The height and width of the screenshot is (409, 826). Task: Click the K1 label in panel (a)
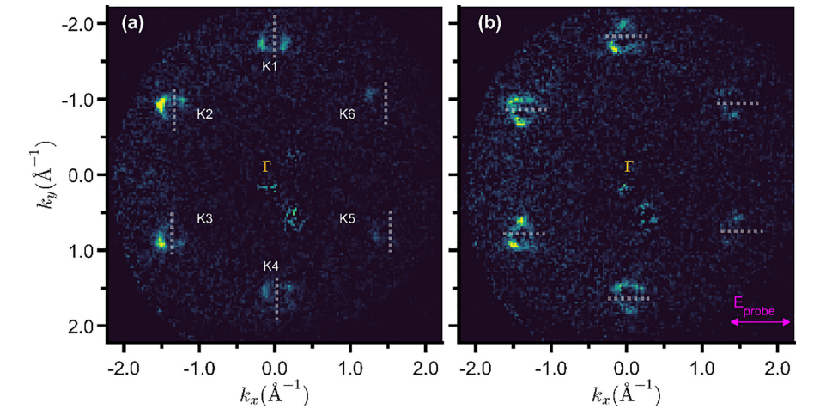270,66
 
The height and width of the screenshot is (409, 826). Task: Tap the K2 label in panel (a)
205,113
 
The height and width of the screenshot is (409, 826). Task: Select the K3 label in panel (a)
205,218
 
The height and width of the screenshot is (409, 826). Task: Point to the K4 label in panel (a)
270,266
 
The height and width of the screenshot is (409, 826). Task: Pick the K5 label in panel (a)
347,218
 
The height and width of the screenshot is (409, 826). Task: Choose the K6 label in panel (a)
347,113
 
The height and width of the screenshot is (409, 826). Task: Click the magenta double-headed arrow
760,322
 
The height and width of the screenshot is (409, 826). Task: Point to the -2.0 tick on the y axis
80,24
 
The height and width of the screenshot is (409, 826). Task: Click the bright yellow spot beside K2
161,105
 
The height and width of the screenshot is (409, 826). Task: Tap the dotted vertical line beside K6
386,103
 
